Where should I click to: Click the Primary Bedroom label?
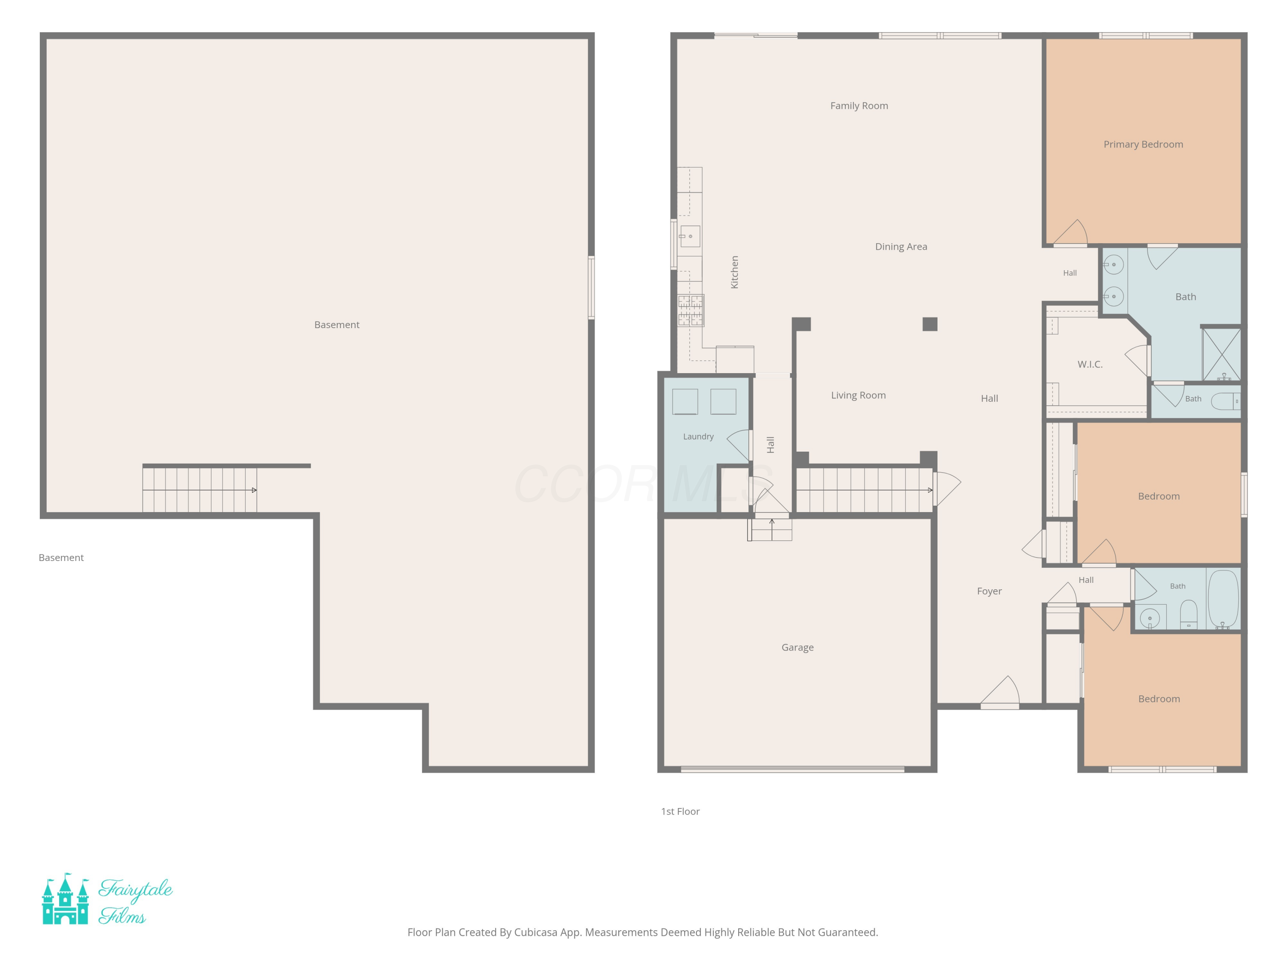1143,144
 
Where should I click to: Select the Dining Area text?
901,247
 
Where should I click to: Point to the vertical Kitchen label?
734,272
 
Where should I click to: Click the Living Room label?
858,395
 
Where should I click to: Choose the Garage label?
797,647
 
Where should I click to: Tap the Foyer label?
989,591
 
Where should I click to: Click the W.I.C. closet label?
1090,364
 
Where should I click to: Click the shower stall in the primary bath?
1221,355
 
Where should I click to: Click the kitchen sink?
689,236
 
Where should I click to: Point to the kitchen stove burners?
690,310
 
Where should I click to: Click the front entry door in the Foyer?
1000,692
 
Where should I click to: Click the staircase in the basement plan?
199,490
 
